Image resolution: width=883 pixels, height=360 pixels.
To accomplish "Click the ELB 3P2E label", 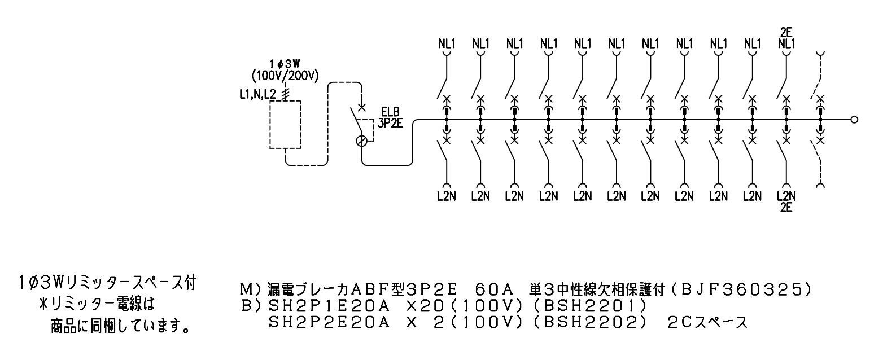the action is (x=390, y=118).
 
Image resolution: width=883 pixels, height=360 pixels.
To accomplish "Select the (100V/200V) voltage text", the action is (x=285, y=75).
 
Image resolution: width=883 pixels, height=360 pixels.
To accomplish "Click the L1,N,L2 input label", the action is (x=258, y=94).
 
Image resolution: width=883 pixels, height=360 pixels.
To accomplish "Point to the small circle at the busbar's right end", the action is (x=854, y=120).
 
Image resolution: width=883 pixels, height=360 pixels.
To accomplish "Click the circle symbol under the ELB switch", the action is (x=361, y=141).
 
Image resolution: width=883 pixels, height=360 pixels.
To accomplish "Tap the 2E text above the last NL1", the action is (x=786, y=32).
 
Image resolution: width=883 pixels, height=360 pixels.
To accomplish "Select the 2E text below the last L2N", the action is (x=786, y=208).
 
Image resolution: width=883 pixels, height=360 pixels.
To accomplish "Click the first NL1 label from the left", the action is (x=447, y=43).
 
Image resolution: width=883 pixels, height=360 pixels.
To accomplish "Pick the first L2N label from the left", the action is (x=447, y=196).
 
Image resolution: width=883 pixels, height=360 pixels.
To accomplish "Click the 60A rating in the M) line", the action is (x=494, y=290).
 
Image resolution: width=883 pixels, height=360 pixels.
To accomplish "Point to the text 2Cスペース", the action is (x=707, y=323).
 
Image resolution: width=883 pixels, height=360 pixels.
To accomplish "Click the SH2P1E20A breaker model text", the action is (x=329, y=306).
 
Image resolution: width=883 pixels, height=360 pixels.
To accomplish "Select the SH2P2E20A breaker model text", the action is (x=329, y=323).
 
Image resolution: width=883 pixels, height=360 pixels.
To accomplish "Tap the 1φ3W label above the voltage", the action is (x=285, y=64).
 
